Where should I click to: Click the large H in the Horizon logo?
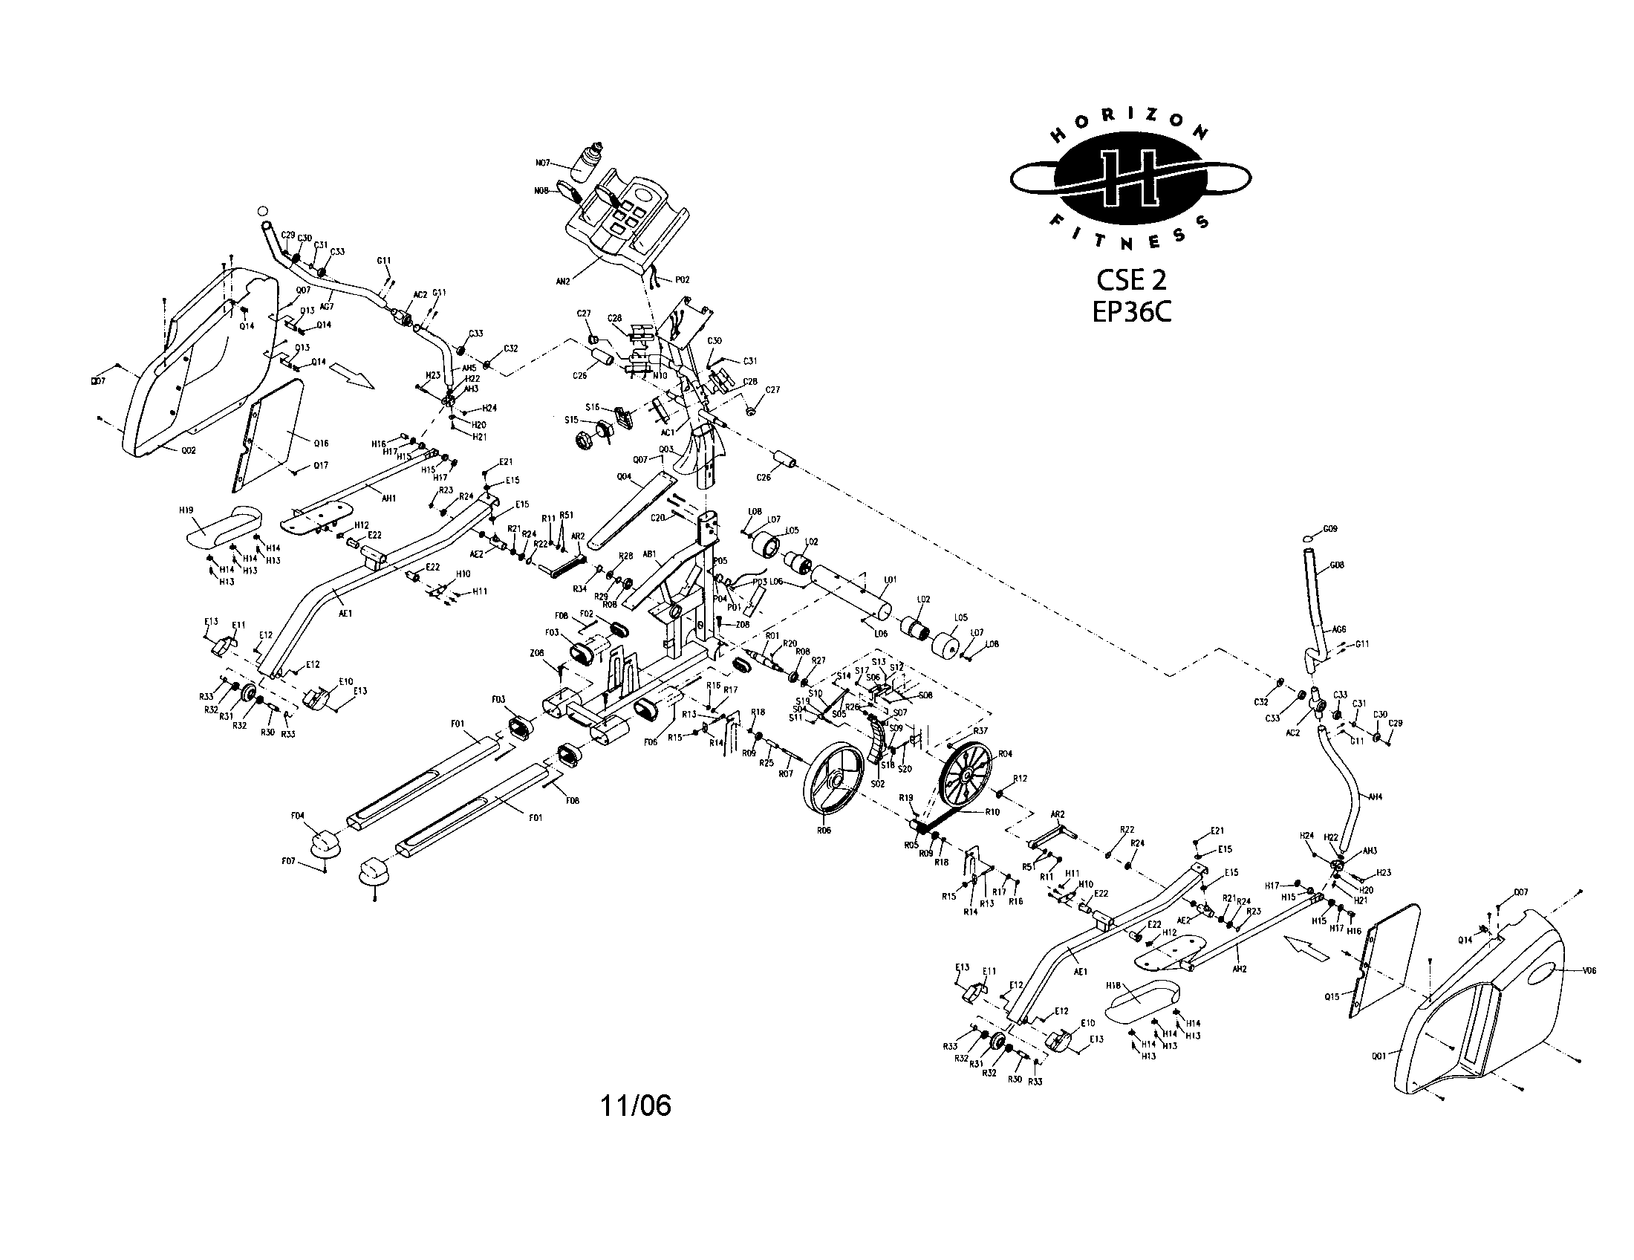[x=1130, y=181]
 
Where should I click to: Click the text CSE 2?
[x=1130, y=280]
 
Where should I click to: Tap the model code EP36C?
[x=1130, y=311]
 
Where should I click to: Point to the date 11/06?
[x=635, y=1106]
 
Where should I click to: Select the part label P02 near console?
[x=682, y=279]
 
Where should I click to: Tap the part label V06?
[x=1590, y=970]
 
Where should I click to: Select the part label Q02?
[x=188, y=450]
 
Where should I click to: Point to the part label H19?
[x=186, y=510]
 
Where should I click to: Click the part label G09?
[x=1329, y=529]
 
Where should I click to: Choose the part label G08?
[x=1337, y=565]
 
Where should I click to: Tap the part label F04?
[x=298, y=816]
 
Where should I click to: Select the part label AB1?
[x=649, y=554]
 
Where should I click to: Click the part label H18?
[x=1113, y=986]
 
